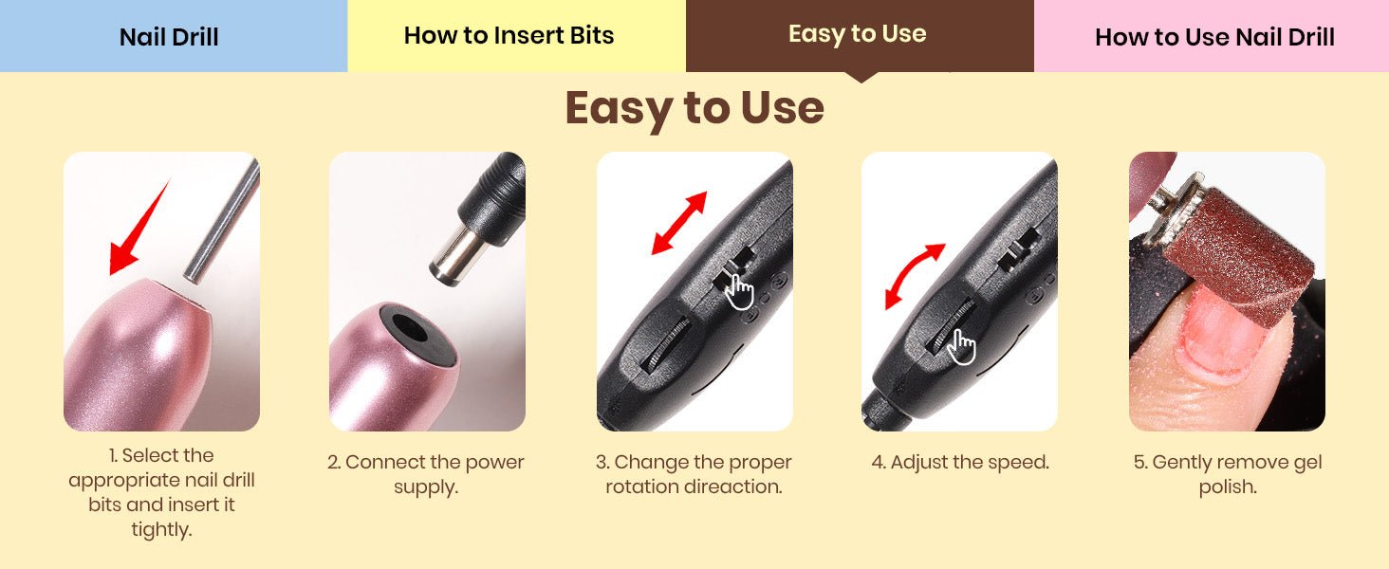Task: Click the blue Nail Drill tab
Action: (x=173, y=36)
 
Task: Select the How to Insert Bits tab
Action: (x=516, y=36)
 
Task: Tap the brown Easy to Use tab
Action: (x=860, y=36)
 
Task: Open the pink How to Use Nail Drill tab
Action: (x=1212, y=36)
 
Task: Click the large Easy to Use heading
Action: (x=694, y=108)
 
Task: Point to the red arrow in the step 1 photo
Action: (x=139, y=229)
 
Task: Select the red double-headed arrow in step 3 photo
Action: (x=679, y=223)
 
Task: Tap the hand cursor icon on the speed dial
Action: (x=960, y=347)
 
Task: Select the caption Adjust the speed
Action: (x=960, y=463)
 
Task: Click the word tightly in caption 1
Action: (x=162, y=530)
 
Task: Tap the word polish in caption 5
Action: (x=1228, y=487)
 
